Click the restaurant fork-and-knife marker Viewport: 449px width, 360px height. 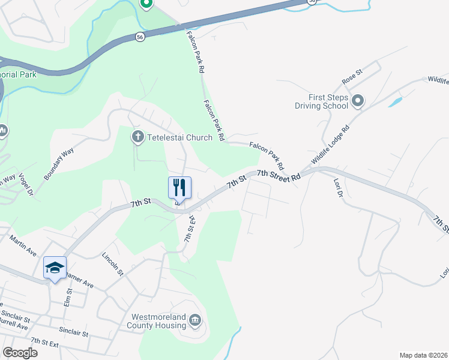179,187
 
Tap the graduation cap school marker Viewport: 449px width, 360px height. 55,268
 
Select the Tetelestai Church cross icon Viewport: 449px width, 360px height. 137,137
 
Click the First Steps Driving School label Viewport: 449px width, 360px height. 321,101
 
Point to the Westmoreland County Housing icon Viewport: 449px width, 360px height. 195,321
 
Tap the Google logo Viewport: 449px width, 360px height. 20,353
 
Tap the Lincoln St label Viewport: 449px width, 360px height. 112,264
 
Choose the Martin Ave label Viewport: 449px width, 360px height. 22,247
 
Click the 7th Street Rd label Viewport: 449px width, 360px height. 278,176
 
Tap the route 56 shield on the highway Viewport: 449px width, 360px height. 139,37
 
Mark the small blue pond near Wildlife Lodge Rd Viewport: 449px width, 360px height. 396,101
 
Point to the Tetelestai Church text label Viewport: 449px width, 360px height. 179,137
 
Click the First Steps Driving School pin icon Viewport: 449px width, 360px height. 358,101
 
